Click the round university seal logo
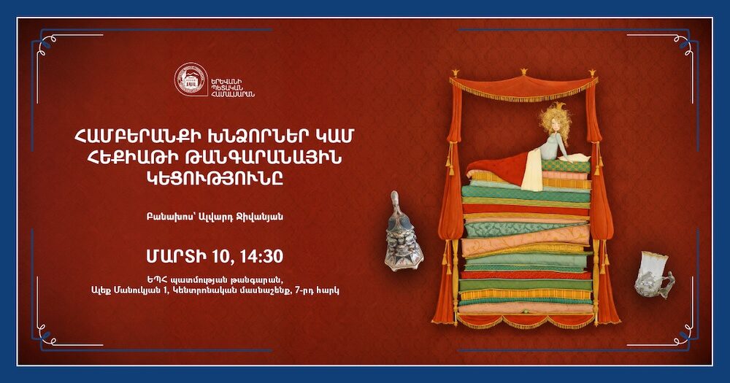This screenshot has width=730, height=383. pos(191,79)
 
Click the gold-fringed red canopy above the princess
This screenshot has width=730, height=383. pos(523,85)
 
